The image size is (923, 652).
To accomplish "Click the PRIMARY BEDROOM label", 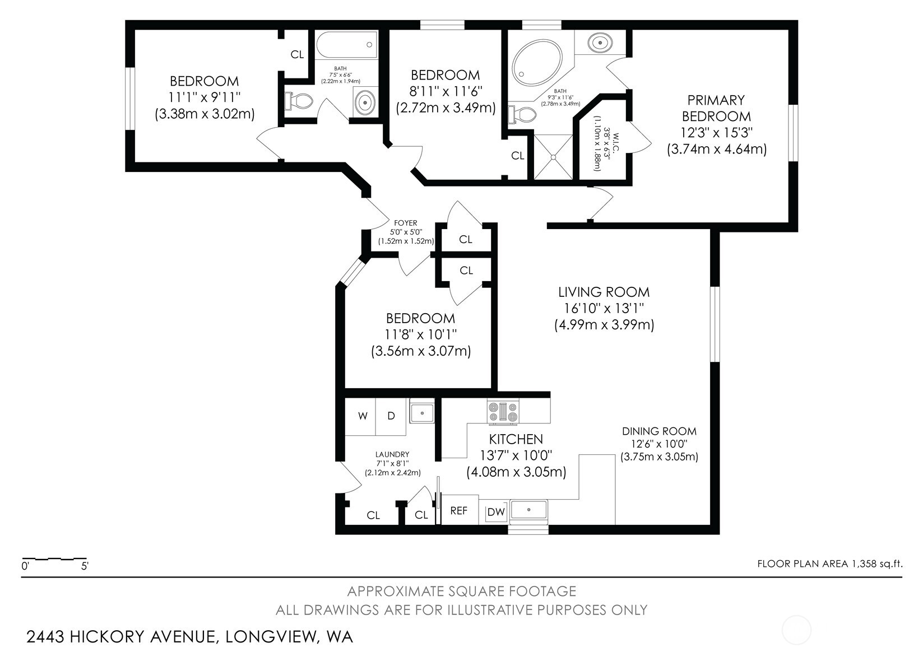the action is tap(716, 108).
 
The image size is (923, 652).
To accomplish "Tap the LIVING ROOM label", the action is tap(604, 292).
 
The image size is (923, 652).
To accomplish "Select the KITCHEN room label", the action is tap(516, 439).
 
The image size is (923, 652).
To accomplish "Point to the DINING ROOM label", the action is tap(659, 431).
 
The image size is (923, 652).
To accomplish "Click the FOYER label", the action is tap(406, 223).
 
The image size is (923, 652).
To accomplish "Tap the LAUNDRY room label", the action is tap(392, 454).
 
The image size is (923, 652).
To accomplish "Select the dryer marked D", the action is tap(391, 416).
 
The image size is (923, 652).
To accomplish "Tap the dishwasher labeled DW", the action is tap(496, 512).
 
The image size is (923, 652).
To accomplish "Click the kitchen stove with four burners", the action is tap(503, 412).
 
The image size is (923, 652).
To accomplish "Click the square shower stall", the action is tap(553, 156).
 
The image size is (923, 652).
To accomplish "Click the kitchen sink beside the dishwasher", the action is tap(528, 510).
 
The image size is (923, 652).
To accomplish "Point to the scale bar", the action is tap(54, 559).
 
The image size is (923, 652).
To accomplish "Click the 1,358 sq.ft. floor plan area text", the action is tap(875, 563).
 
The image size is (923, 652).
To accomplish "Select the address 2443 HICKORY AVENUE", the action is tap(121, 636).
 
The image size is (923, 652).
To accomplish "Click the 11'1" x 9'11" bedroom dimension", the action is tap(205, 97).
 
